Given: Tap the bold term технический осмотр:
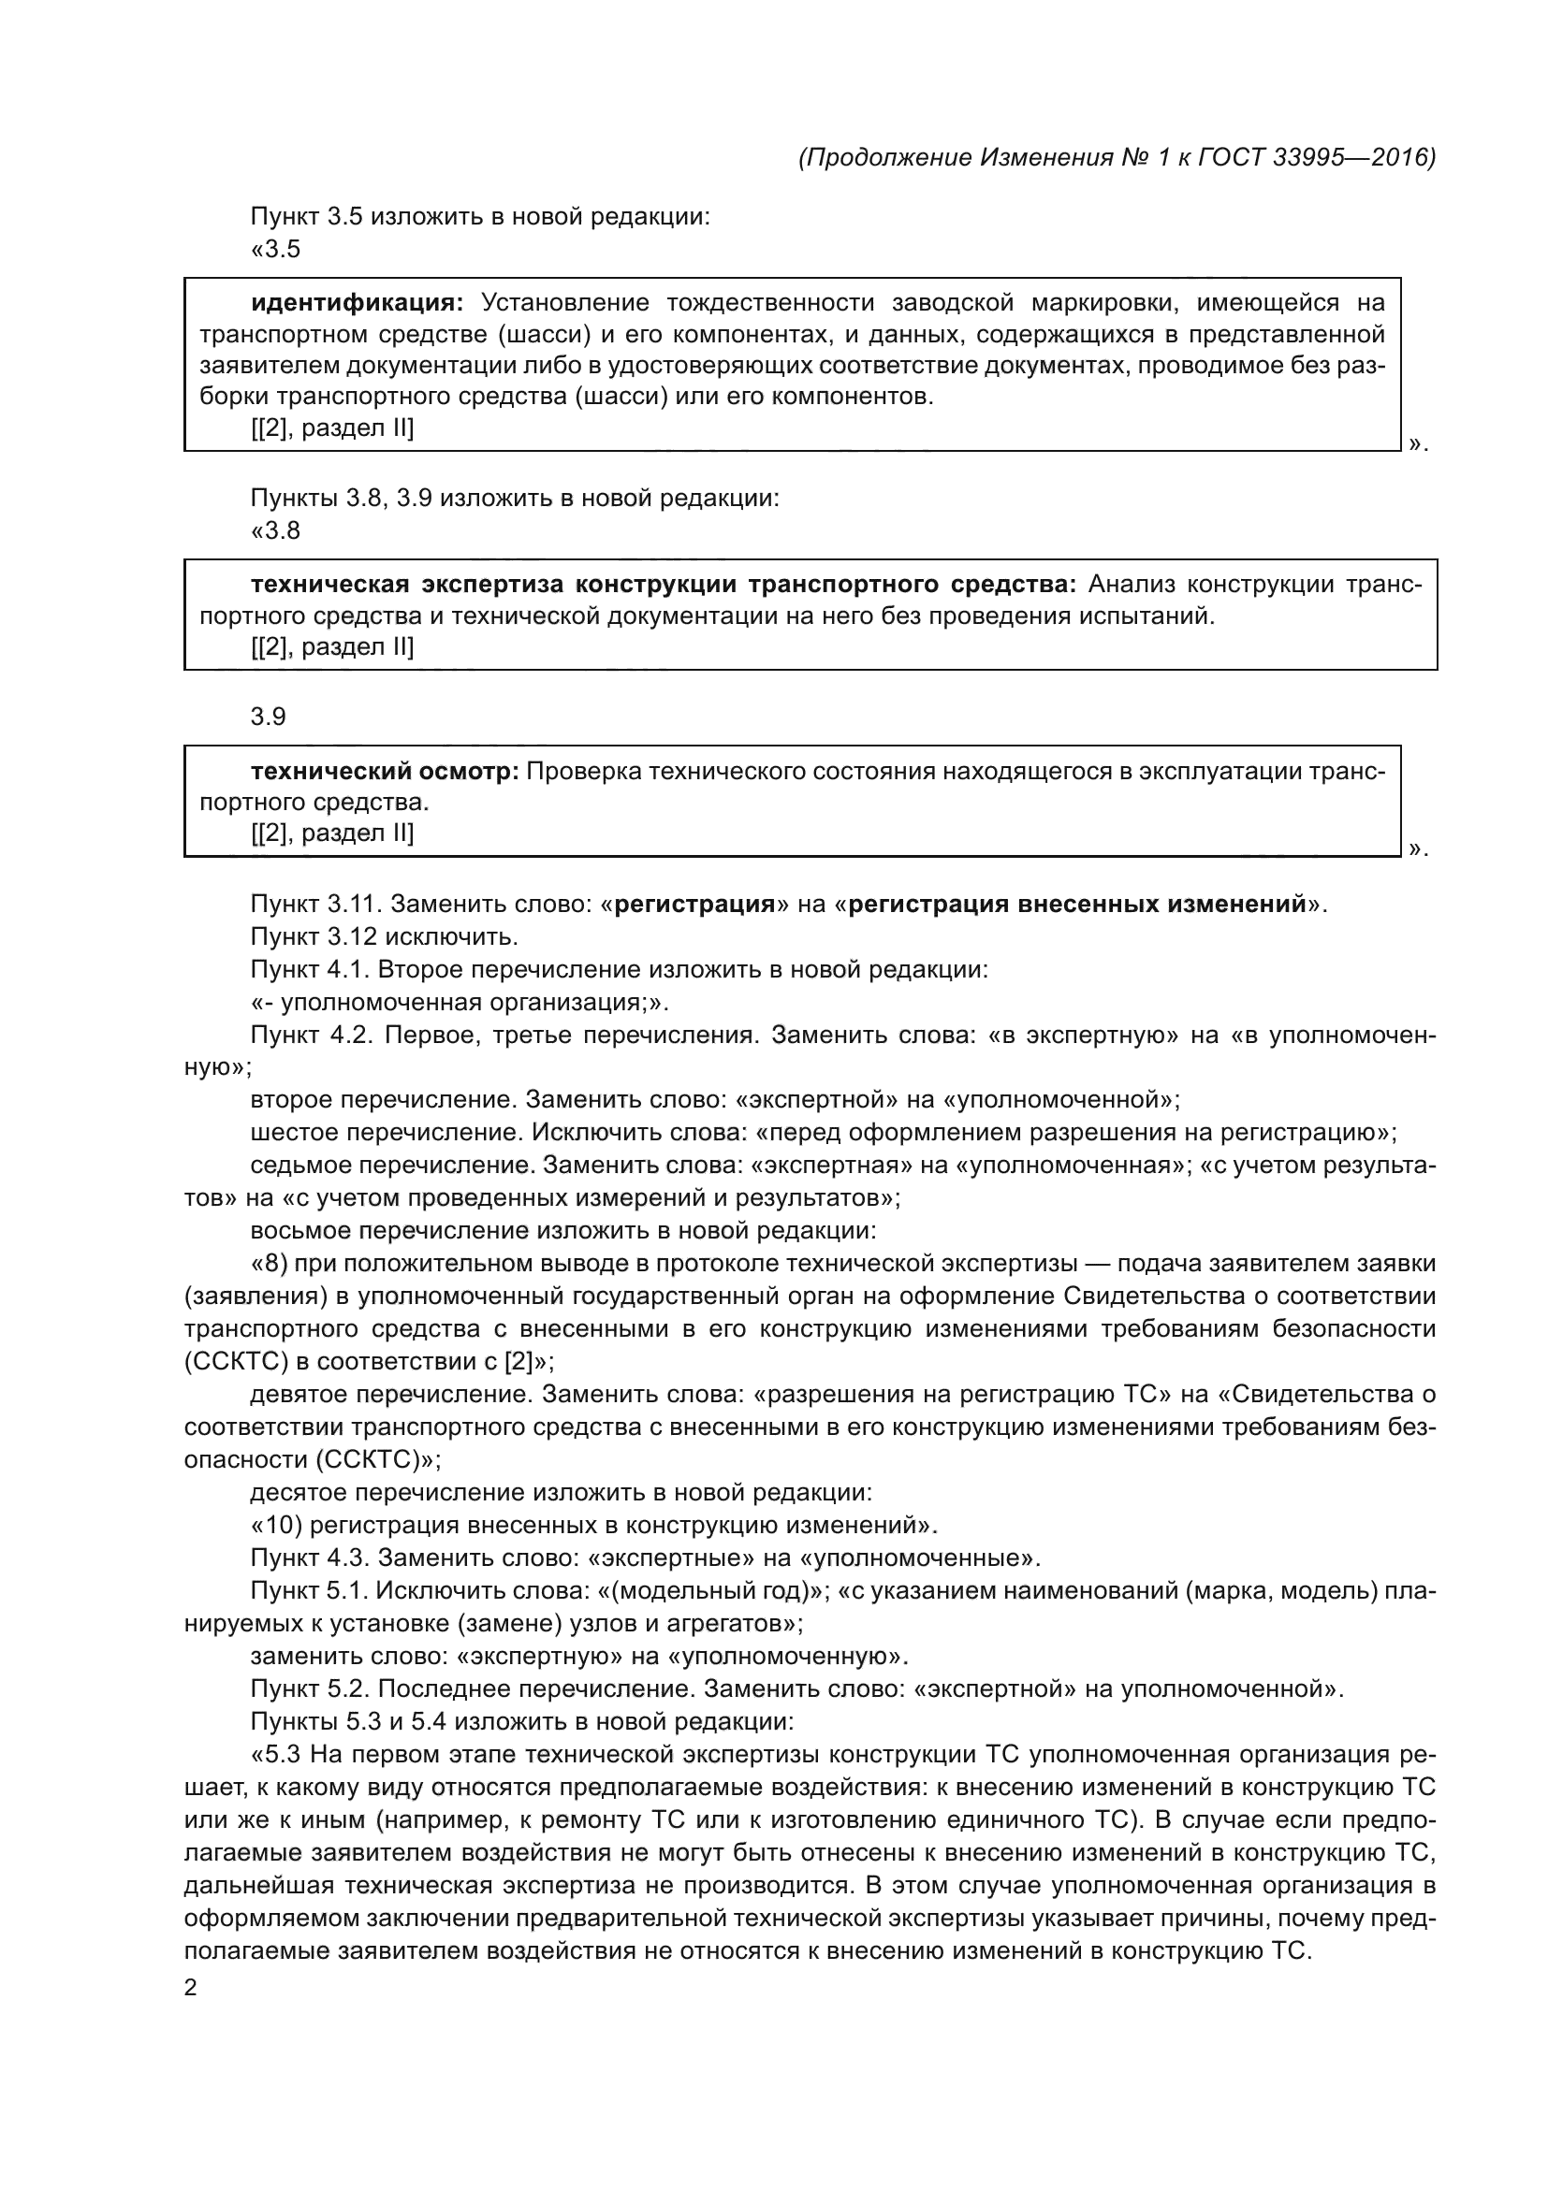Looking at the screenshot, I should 384,770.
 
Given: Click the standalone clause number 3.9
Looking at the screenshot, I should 268,717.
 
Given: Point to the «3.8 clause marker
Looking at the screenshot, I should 275,529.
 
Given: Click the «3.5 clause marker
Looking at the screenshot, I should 275,249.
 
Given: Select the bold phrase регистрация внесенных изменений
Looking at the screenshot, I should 1076,904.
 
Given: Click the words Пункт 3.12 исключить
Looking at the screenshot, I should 384,935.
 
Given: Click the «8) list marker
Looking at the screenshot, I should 269,1264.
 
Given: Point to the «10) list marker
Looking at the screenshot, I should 276,1525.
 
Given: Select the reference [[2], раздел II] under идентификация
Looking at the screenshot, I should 331,427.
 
